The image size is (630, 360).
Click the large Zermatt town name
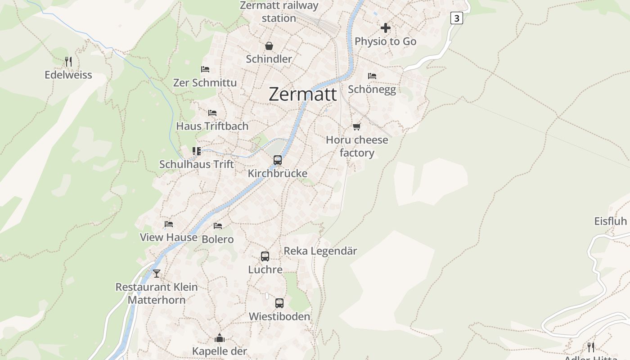tap(302, 94)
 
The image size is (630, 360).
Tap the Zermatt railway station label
tap(279, 12)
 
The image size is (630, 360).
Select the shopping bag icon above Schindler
tap(269, 46)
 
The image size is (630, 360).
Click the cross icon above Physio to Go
tap(386, 28)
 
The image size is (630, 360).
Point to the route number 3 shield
tap(457, 18)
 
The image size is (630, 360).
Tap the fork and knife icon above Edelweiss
tap(68, 61)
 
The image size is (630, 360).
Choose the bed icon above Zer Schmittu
tap(205, 69)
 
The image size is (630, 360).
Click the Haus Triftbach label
tap(212, 126)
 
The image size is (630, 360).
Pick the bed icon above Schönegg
tap(372, 76)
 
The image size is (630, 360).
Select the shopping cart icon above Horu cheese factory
tap(357, 126)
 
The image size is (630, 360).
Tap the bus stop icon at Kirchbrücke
tap(278, 160)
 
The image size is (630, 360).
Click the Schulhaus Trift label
tap(197, 164)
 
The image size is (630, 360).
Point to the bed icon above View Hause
tap(169, 224)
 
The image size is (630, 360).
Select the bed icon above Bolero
tap(218, 225)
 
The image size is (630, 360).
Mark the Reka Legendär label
tap(320, 251)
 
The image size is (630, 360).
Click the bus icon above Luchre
tap(265, 256)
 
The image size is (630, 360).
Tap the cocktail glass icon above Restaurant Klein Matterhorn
tap(157, 273)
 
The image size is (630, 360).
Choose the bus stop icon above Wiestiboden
tap(279, 303)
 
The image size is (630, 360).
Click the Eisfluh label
tap(611, 221)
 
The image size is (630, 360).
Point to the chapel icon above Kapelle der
tap(220, 337)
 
